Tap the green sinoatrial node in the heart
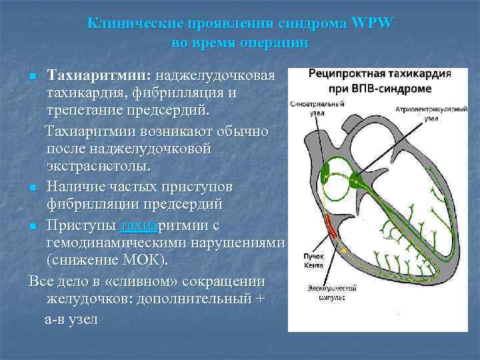tap(325, 175)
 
